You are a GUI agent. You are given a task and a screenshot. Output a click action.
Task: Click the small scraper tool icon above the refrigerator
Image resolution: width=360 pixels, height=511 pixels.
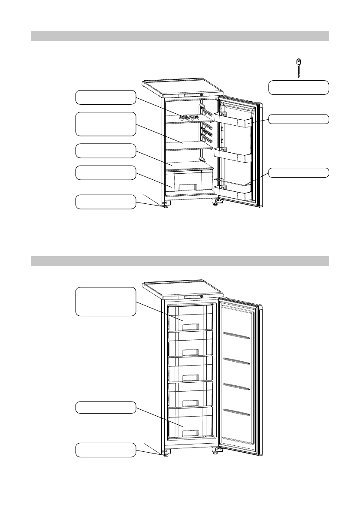coord(298,67)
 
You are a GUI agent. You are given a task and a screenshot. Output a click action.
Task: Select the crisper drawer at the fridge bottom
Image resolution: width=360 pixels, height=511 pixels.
coord(189,181)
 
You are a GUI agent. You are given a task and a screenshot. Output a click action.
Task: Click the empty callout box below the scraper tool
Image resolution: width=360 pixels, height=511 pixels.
coord(299,87)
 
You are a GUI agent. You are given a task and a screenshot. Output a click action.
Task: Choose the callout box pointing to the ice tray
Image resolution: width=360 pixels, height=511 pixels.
coord(105,97)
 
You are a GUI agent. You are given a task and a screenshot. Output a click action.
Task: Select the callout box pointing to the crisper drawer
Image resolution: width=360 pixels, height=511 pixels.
coord(105,173)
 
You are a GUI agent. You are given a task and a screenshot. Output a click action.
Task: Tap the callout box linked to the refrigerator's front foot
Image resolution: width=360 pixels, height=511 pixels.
coord(105,202)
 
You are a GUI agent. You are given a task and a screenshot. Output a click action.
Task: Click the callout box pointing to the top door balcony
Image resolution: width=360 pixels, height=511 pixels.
coord(299,119)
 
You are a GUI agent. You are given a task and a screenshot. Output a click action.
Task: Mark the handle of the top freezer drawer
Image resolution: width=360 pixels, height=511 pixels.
coord(190,327)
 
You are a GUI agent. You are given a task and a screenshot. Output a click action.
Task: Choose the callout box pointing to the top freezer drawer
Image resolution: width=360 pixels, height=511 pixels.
coord(105,302)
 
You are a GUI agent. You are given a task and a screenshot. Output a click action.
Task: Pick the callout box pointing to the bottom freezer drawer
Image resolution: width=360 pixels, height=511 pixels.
coord(105,408)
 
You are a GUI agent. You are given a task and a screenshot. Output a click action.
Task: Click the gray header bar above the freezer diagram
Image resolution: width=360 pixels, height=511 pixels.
coord(180,261)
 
